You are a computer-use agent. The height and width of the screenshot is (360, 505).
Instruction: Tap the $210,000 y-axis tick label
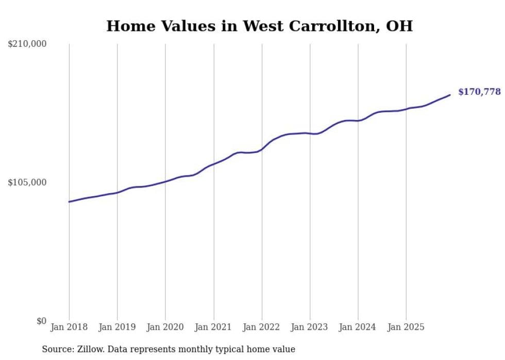click(27, 44)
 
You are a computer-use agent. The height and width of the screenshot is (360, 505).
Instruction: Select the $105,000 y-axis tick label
click(27, 182)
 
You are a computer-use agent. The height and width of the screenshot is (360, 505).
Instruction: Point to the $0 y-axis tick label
click(41, 321)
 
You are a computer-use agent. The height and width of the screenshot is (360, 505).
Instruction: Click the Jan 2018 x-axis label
click(69, 328)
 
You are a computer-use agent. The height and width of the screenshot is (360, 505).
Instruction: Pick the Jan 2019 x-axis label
click(117, 328)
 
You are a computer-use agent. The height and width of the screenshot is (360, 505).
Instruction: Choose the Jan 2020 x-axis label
click(165, 328)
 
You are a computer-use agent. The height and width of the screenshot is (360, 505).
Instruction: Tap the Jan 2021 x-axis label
click(213, 328)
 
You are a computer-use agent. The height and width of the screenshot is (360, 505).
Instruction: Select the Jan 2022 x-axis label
click(262, 328)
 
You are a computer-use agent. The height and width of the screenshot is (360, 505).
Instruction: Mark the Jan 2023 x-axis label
click(310, 328)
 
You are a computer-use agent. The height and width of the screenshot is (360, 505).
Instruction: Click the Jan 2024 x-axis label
click(358, 328)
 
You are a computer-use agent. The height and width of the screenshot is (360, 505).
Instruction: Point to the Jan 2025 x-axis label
click(406, 328)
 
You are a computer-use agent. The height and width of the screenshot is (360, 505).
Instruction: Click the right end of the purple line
click(450, 95)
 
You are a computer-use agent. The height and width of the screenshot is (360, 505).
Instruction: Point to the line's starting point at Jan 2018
click(69, 201)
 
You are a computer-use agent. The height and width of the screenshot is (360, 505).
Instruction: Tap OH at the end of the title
click(400, 26)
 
